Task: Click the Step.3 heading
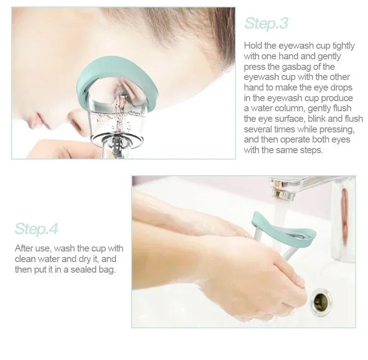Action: pyautogui.click(x=266, y=23)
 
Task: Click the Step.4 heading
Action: pyautogui.click(x=36, y=228)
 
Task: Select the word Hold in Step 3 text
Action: pyautogui.click(x=253, y=46)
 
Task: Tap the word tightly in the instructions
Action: pyautogui.click(x=341, y=46)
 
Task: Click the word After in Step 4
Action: pyautogui.click(x=24, y=248)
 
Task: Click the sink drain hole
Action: pyautogui.click(x=321, y=302)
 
